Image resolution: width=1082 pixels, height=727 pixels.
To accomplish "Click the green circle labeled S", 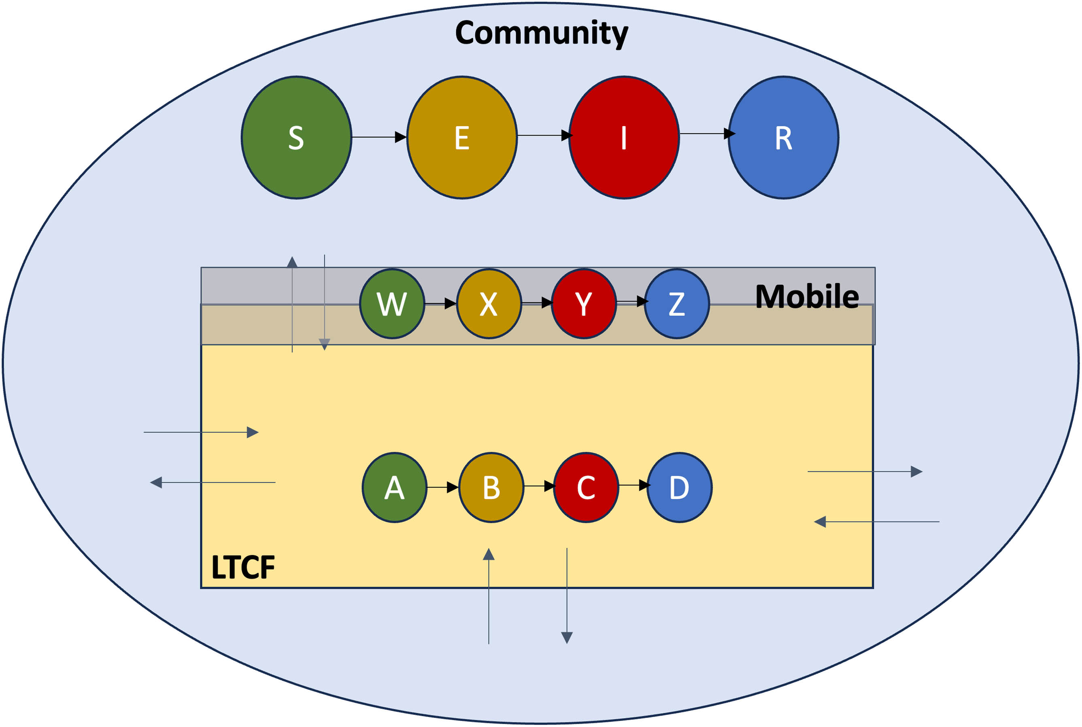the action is (x=296, y=138).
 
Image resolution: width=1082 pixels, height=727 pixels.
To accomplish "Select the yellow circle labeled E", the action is (x=462, y=138).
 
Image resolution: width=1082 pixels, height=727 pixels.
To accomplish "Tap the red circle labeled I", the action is (x=624, y=138).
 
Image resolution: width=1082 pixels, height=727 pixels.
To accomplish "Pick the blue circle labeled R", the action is (x=784, y=138).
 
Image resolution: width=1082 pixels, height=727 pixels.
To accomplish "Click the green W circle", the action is (x=392, y=304).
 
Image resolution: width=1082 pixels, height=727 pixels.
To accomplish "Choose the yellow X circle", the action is (x=489, y=304).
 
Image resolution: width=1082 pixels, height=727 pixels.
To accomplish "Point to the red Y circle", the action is (x=584, y=304).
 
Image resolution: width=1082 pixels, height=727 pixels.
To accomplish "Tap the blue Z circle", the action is (x=677, y=304).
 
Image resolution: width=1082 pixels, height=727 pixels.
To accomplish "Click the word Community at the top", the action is (x=542, y=34).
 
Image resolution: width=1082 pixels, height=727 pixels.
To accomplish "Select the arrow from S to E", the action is (x=379, y=137).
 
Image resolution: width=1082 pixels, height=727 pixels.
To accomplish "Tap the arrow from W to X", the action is (x=440, y=304).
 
